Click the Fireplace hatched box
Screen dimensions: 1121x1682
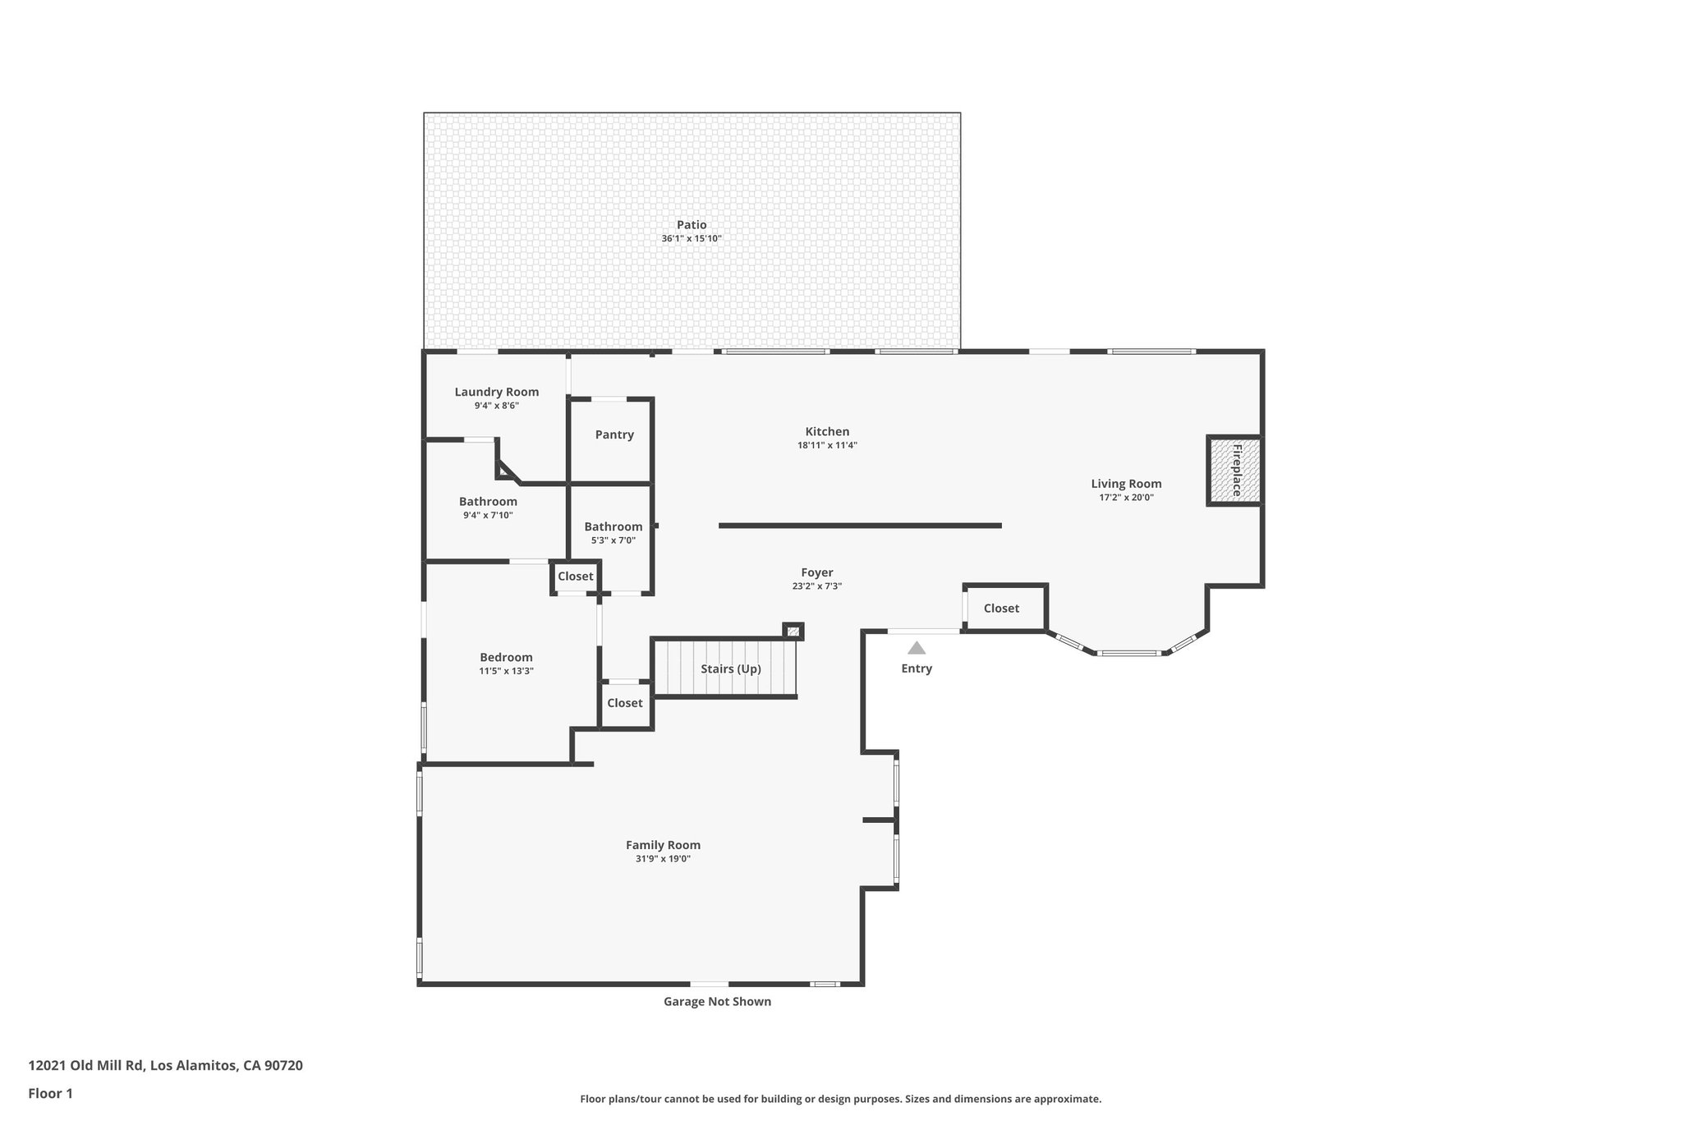1234,471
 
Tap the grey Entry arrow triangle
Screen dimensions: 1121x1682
917,648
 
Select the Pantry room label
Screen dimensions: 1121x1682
614,434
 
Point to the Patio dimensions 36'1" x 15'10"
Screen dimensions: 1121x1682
692,239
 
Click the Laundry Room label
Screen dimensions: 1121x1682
497,392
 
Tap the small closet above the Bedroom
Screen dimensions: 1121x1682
575,577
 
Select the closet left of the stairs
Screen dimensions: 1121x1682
625,703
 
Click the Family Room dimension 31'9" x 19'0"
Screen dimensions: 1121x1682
663,859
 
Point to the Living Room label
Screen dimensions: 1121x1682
1126,484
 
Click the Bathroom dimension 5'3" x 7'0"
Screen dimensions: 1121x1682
613,540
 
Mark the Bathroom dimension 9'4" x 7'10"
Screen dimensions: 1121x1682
488,516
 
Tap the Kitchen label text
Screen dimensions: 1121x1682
827,431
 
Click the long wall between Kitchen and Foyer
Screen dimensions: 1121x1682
860,526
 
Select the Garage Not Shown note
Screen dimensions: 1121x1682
717,1001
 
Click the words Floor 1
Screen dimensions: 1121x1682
51,1093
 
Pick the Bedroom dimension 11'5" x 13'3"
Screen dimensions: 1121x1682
506,671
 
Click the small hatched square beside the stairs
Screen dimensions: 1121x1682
793,632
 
